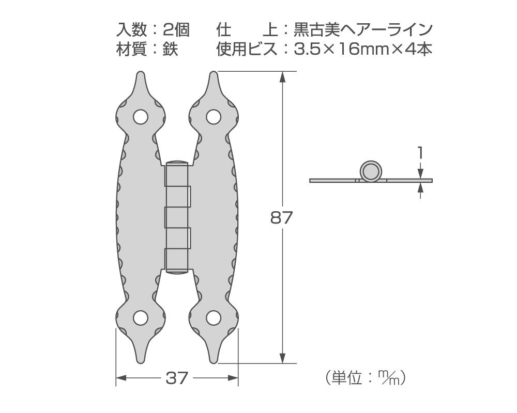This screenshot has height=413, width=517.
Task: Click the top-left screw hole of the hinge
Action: pos(140,117)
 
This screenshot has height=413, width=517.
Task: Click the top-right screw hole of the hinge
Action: pos(214,117)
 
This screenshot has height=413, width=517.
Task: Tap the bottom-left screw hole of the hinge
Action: pos(140,317)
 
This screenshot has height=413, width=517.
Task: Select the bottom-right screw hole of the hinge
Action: pos(214,317)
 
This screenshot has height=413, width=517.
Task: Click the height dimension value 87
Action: pos(282,217)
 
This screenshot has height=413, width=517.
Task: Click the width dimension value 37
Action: pos(177,378)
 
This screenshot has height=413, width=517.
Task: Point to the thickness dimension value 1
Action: pos(421,153)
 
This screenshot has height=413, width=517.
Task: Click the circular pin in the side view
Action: pos(371,171)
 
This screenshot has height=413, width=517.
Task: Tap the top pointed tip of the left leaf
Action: pos(140,74)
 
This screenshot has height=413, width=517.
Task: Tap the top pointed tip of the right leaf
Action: pos(213,74)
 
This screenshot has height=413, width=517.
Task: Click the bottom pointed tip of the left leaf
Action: pos(140,361)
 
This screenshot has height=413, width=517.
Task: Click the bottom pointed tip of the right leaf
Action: pos(213,361)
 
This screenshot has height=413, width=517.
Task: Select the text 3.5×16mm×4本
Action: pos(362,50)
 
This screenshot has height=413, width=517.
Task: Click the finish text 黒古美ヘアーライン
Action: pos(362,29)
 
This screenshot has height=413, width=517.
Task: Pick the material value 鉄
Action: pos(170,50)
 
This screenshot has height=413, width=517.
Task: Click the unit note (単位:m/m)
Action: pos(366,378)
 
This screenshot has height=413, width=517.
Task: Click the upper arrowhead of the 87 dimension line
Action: pos(282,76)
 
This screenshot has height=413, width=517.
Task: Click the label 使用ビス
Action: pos(245,50)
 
